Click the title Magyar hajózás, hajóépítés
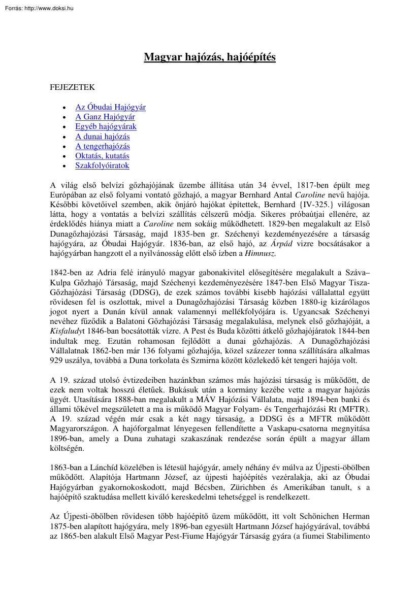(x=210, y=57)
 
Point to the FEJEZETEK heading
(x=72, y=87)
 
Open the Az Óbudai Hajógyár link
(x=110, y=107)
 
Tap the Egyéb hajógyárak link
(x=106, y=126)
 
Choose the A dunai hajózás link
(x=102, y=137)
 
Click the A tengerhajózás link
(x=103, y=146)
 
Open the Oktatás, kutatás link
(x=102, y=156)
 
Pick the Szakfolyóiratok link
(x=102, y=166)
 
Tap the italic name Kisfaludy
(x=66, y=321)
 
